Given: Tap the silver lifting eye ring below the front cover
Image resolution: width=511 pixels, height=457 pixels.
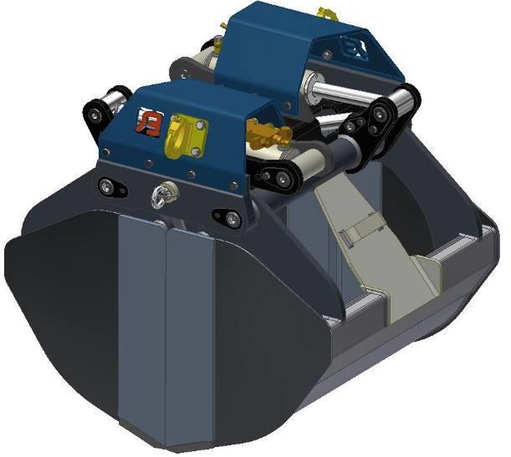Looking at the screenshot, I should [x=157, y=195].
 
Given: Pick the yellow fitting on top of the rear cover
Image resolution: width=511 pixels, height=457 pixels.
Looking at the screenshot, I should [x=327, y=14].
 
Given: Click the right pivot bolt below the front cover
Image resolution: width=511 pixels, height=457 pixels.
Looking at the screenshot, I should [x=230, y=218].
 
